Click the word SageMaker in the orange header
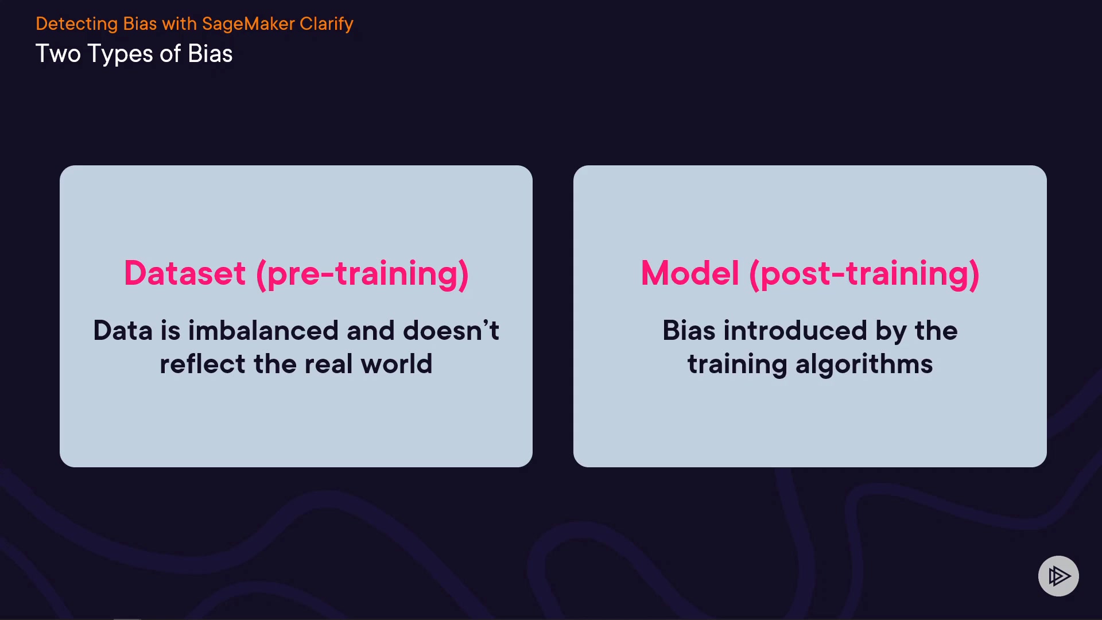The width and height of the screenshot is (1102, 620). [x=248, y=24]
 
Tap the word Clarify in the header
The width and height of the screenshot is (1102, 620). [x=326, y=24]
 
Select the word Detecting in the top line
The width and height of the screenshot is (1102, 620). [x=77, y=24]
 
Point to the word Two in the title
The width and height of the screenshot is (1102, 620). [x=58, y=54]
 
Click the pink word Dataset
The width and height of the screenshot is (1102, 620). [x=185, y=273]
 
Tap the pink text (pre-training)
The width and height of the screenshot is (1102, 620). [x=362, y=274]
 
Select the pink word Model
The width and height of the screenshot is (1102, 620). [x=690, y=273]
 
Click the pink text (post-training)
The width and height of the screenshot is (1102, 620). [x=864, y=274]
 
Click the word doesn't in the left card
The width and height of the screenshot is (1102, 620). [x=451, y=331]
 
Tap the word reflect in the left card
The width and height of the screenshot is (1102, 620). [x=203, y=364]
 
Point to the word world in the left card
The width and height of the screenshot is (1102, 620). [x=397, y=364]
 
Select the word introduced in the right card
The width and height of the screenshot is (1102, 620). [x=795, y=331]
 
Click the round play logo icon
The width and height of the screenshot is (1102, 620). [x=1058, y=576]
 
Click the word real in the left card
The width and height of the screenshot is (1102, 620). [x=328, y=364]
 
